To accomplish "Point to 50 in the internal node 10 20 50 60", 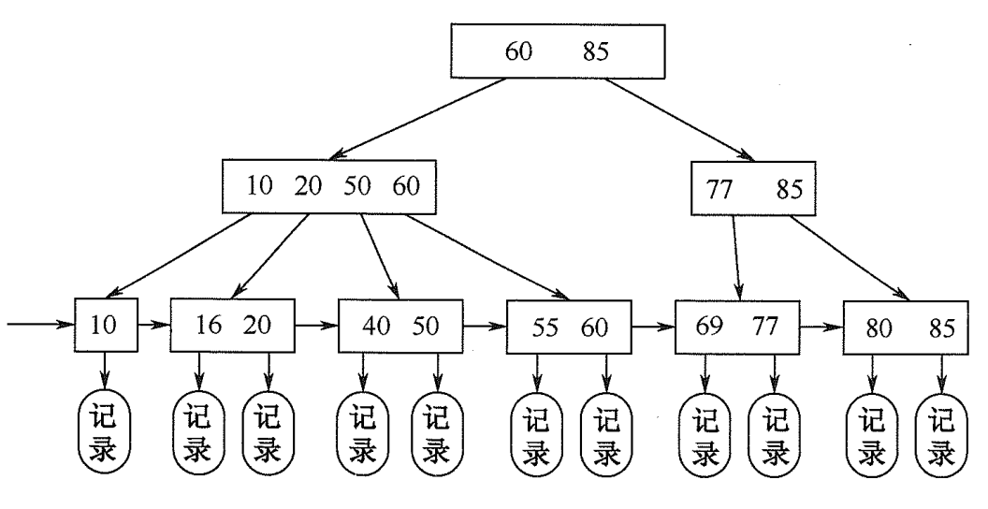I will pyautogui.click(x=356, y=185).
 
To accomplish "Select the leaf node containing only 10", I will pyautogui.click(x=106, y=325).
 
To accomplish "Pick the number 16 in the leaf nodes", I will pyautogui.click(x=209, y=326).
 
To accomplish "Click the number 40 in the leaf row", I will pyautogui.click(x=375, y=327).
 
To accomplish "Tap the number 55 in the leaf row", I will pyautogui.click(x=544, y=327).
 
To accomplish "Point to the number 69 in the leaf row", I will pyautogui.click(x=712, y=327).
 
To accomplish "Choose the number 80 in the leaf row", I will pyautogui.click(x=879, y=328).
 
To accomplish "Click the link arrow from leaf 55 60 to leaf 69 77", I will pyautogui.click(x=651, y=327).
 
